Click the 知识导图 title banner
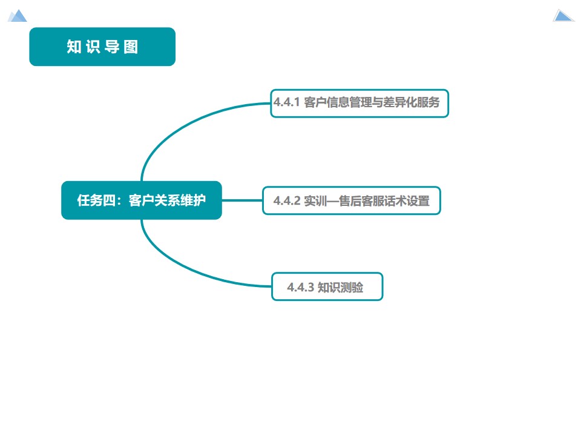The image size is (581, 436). [102, 47]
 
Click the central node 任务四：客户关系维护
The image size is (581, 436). [142, 200]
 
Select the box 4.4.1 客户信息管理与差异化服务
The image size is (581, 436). [359, 103]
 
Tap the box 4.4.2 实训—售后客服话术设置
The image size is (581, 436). [351, 200]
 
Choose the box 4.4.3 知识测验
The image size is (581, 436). [327, 286]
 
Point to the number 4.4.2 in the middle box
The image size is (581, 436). [287, 201]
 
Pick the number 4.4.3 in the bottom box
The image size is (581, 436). [300, 287]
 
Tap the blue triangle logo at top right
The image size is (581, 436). [563, 15]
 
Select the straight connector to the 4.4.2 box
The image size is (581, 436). [242, 200]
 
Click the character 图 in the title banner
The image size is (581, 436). [131, 47]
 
